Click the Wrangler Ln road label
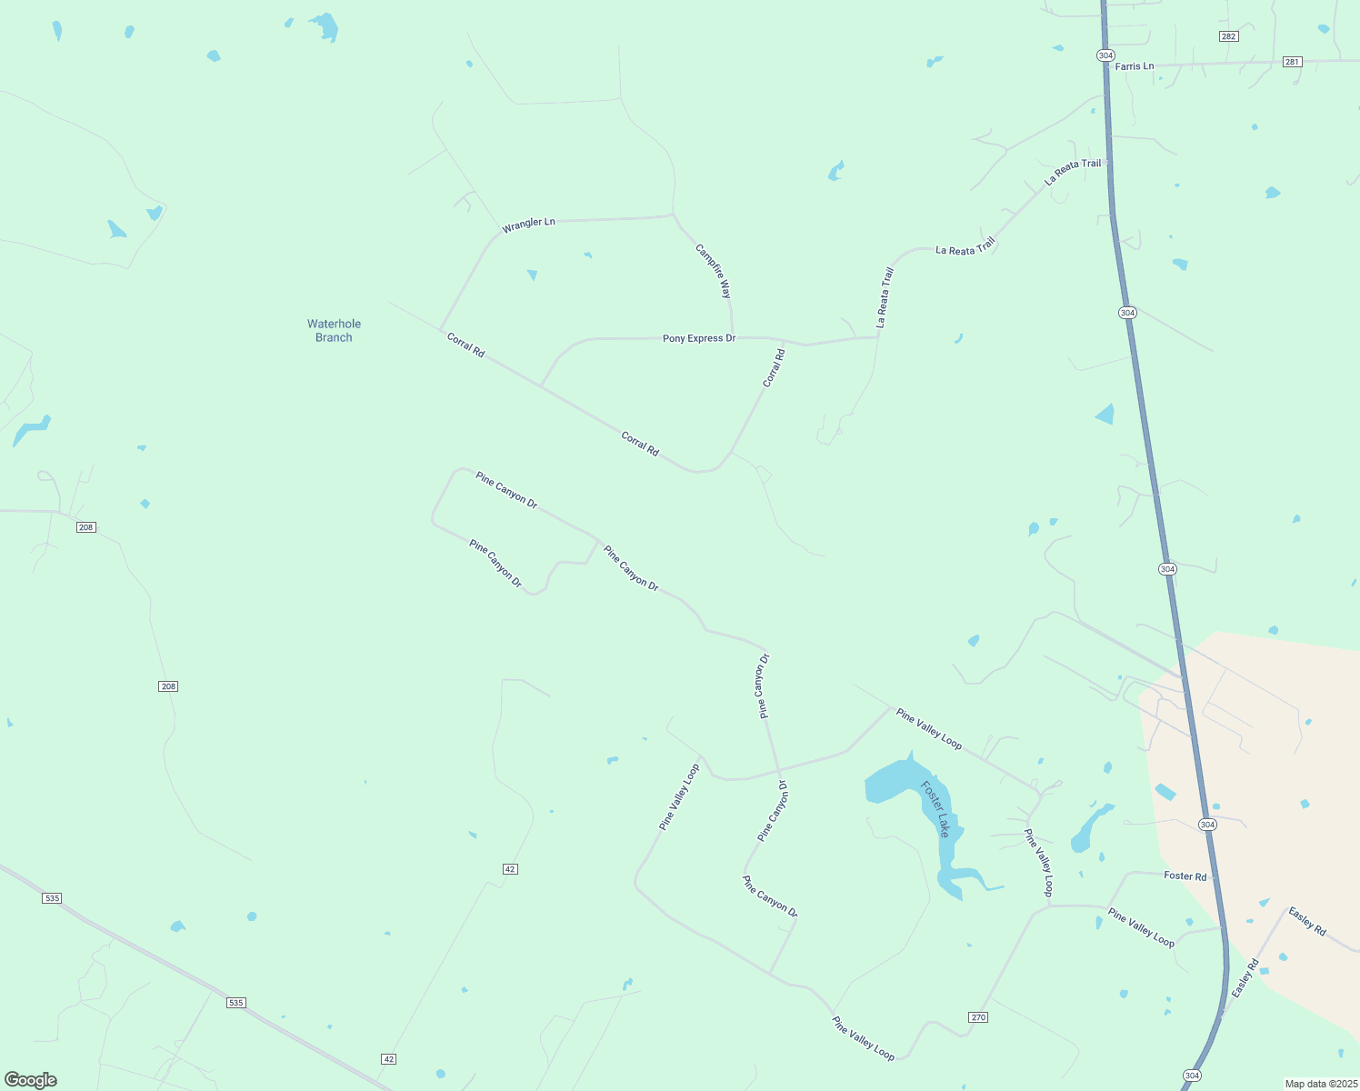coord(528,223)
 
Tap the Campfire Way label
coord(714,271)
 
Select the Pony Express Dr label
coord(699,338)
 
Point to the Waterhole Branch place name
coord(334,330)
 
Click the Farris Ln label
coord(1134,66)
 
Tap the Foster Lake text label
coord(935,808)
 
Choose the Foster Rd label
coord(1185,876)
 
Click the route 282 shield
coord(1228,36)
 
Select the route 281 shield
coord(1292,62)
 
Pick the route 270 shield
coord(978,1017)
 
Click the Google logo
coord(31,1080)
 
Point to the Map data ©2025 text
coord(1320,1084)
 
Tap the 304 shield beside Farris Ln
coord(1105,55)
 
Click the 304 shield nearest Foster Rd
coord(1206,825)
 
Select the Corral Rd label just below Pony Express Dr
coord(774,368)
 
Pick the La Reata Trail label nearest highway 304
coord(1073,172)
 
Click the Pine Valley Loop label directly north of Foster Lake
coord(928,729)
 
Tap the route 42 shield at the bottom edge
coord(389,1059)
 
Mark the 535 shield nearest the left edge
coord(52,898)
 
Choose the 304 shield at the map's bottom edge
coord(1192,1076)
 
